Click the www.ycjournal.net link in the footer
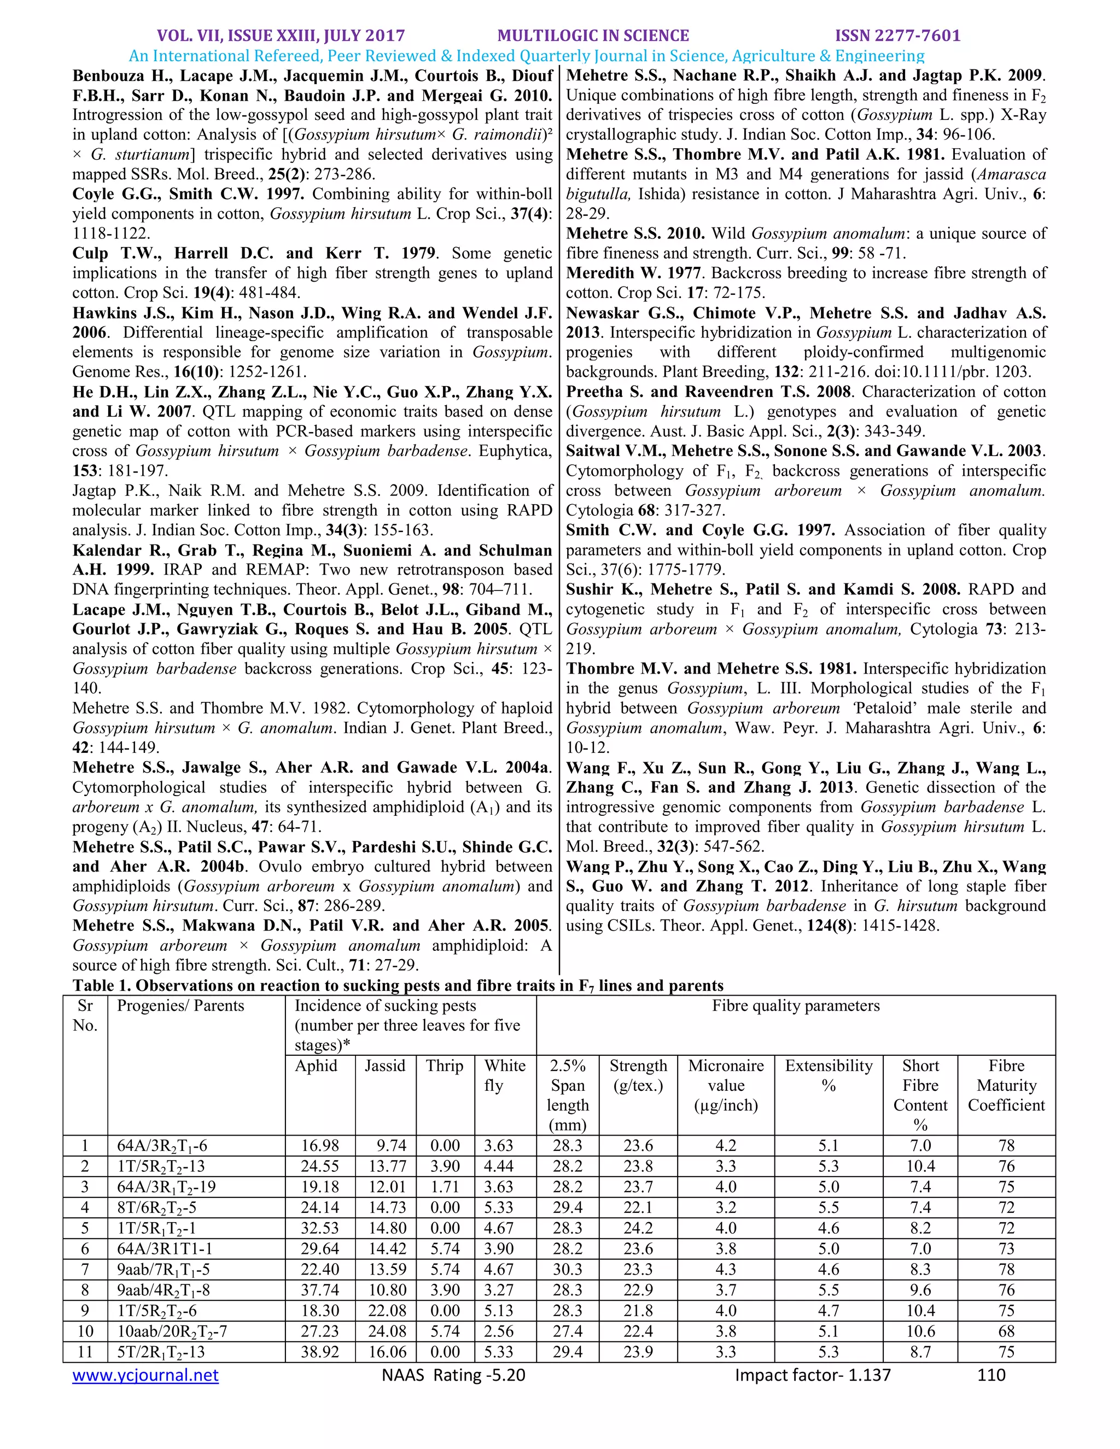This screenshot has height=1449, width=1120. (145, 1375)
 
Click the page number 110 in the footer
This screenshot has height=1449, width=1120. (991, 1375)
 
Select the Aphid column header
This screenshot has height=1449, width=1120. (316, 1066)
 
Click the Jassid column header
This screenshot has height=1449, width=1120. (385, 1066)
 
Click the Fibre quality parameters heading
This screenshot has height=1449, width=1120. (796, 1006)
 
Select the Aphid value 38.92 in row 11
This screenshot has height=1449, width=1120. (320, 1352)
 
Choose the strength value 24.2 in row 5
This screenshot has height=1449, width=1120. (638, 1228)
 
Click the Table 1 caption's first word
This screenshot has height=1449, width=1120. (90, 985)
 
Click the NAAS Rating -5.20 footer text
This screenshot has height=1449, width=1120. (453, 1375)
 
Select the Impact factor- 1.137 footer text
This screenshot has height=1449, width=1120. (812, 1375)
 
